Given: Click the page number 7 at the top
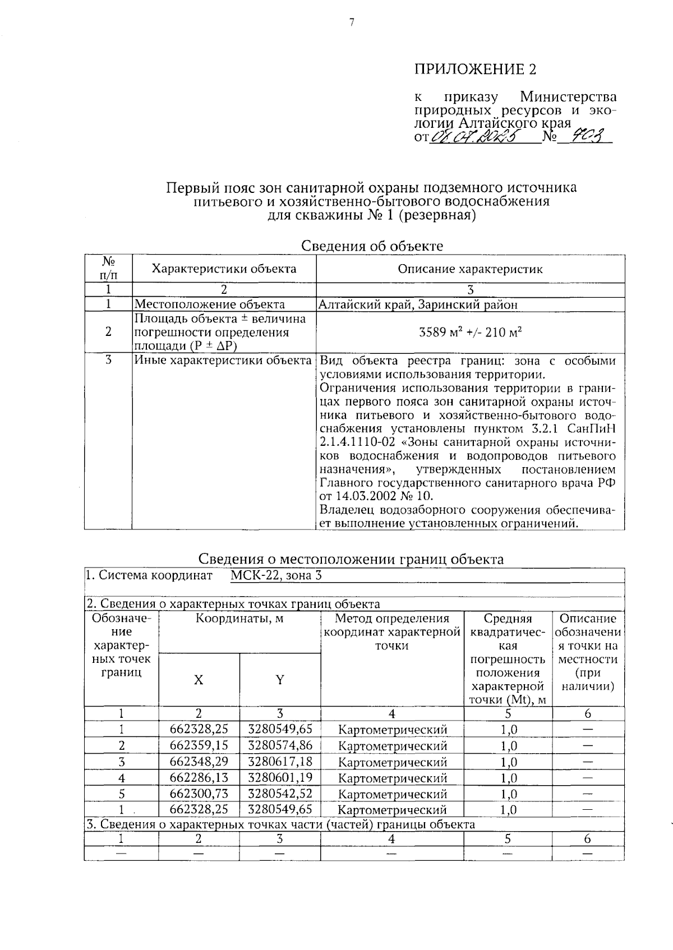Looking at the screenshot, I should [352, 23].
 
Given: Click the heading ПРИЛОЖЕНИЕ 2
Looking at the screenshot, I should [475, 70].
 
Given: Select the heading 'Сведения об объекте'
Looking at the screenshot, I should [372, 246].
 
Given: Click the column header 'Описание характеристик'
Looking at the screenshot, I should [470, 269].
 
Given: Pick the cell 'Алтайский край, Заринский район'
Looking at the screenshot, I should [418, 305].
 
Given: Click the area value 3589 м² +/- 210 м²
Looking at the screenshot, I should [470, 331].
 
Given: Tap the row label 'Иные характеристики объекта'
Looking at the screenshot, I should [223, 360].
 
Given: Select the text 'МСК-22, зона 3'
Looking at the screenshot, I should [276, 575].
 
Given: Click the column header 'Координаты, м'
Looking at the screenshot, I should [239, 619].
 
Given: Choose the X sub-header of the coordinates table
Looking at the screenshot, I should [199, 680].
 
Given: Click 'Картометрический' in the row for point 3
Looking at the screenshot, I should [393, 762].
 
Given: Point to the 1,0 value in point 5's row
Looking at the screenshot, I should [508, 794].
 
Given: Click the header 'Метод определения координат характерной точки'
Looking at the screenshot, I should [392, 632].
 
